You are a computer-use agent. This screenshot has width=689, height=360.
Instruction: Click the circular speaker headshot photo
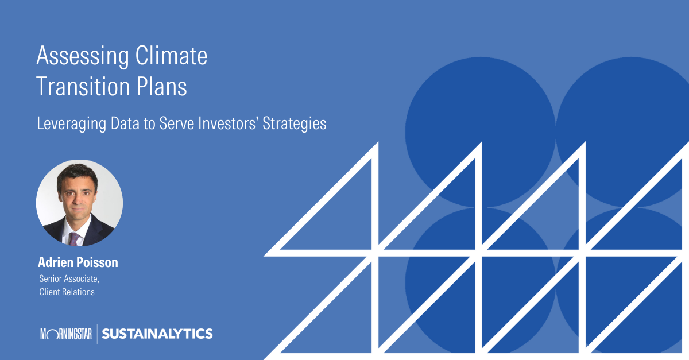(x=79, y=203)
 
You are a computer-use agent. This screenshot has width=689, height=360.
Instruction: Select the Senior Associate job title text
(x=69, y=279)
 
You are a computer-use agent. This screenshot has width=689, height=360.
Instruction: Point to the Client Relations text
(x=67, y=292)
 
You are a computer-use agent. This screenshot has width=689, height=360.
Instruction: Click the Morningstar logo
(x=65, y=334)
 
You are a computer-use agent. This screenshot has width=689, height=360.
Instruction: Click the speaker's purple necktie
(x=74, y=238)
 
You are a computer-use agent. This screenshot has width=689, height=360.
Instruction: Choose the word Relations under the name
(x=79, y=292)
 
